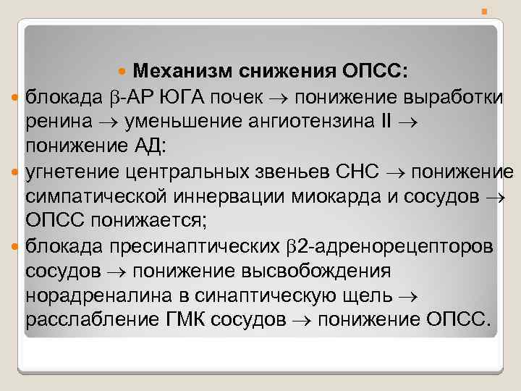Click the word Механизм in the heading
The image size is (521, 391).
coord(181,72)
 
